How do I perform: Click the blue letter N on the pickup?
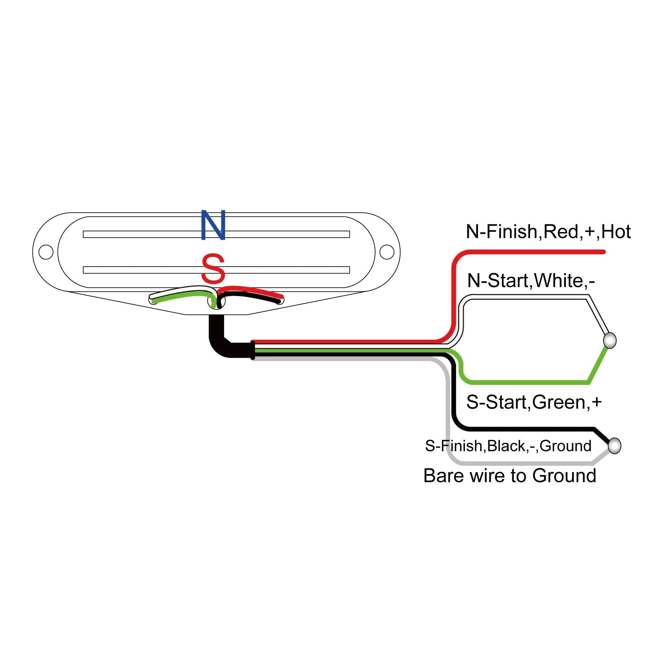(213, 225)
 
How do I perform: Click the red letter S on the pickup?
(213, 268)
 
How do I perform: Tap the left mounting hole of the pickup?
(46, 252)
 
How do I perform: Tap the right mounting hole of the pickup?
(387, 252)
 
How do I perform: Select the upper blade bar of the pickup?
(216, 234)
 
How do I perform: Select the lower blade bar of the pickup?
(216, 270)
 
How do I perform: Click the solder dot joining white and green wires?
(610, 340)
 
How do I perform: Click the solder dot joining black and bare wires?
(614, 446)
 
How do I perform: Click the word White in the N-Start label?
(558, 281)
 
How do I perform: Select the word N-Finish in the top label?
(504, 232)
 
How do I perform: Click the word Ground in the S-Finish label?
(566, 446)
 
